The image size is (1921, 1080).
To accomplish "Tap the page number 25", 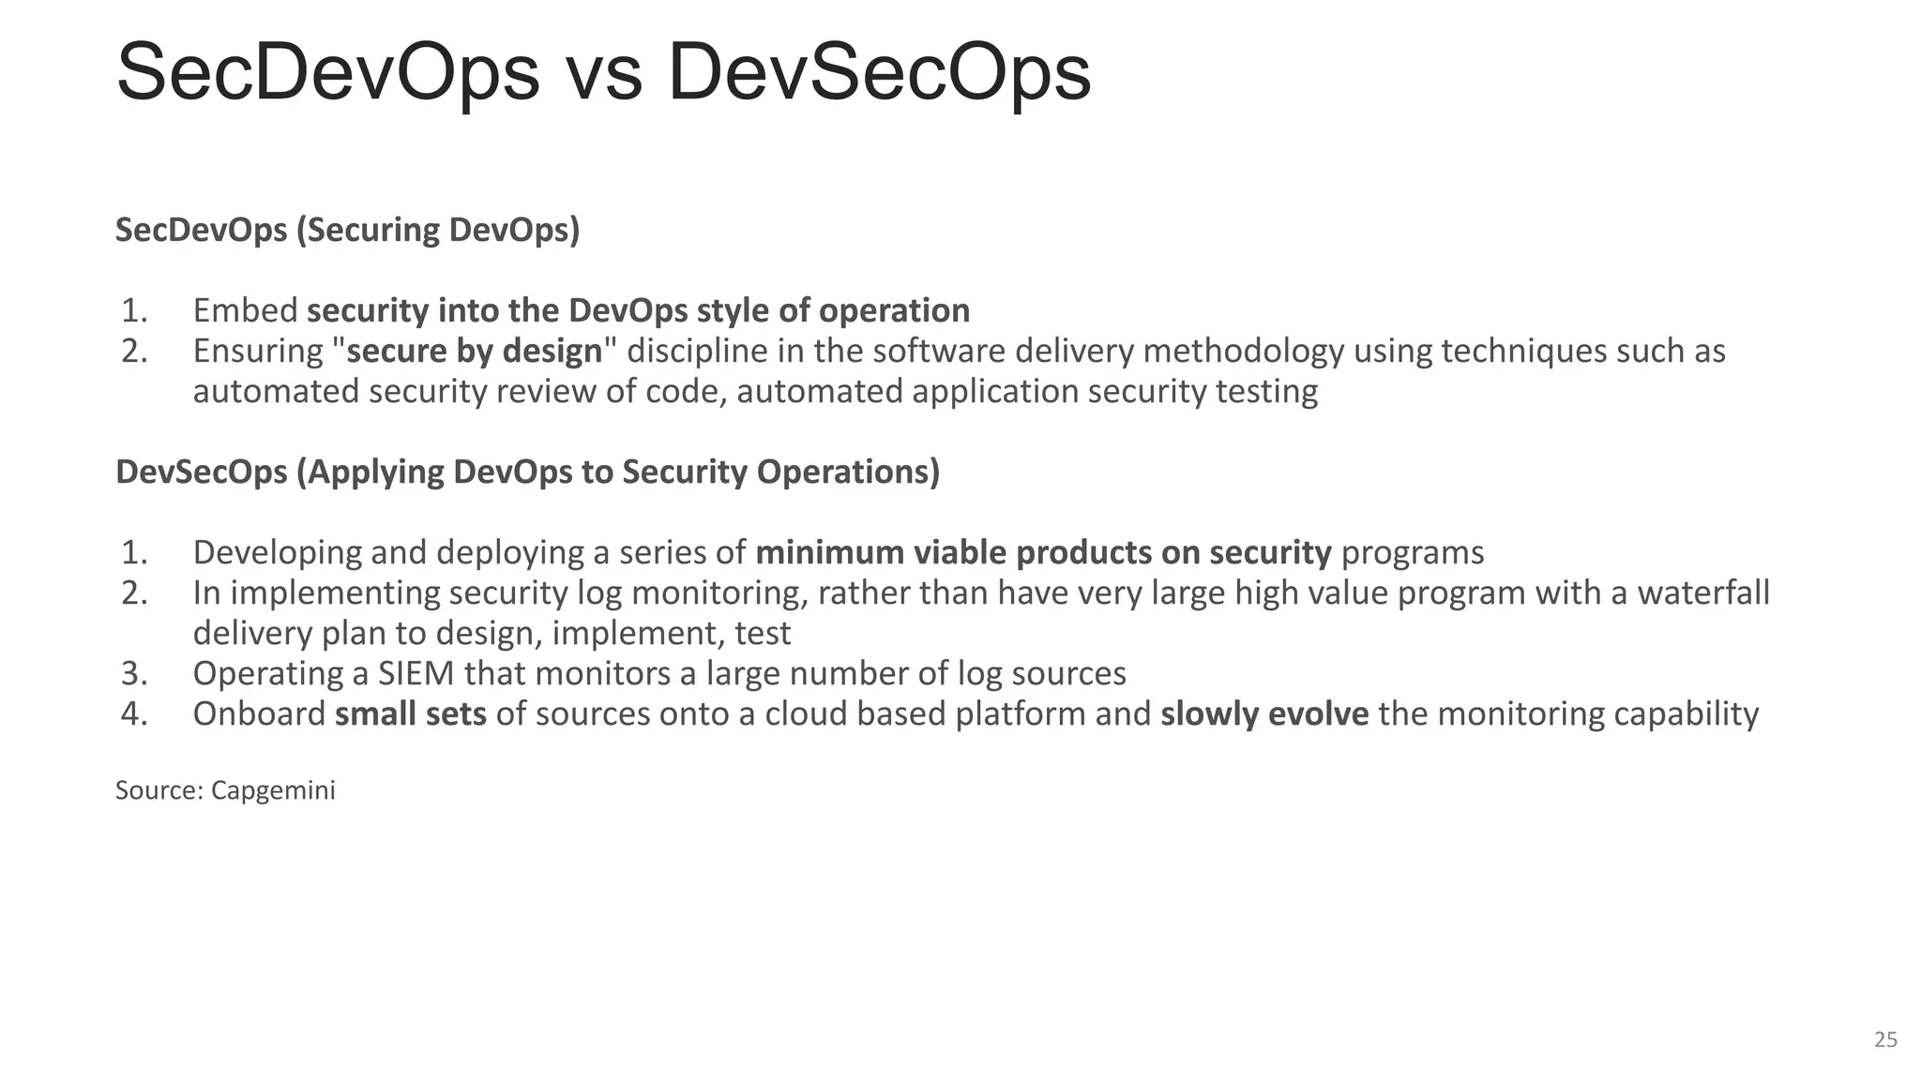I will [1885, 1039].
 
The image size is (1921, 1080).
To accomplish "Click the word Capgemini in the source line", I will [273, 790].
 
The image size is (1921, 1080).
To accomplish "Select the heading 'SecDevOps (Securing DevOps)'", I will [347, 230].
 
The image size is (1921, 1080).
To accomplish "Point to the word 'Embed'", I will [245, 310].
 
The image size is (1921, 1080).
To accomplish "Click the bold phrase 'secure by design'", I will [475, 351].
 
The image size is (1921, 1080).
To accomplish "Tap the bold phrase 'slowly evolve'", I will [1264, 713].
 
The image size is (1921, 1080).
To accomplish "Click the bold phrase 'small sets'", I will [410, 713].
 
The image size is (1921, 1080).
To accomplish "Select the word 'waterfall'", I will [1703, 592].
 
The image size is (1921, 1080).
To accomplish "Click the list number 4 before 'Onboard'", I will [134, 713].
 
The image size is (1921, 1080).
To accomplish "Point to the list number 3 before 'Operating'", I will [134, 673].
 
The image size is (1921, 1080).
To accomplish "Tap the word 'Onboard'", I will [259, 713].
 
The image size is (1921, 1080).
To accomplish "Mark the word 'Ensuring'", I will [258, 351].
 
